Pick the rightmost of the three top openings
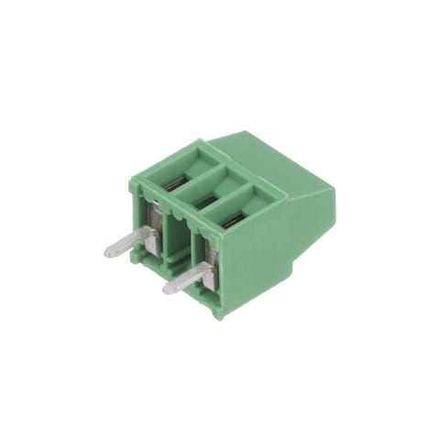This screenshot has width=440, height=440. [x=236, y=208]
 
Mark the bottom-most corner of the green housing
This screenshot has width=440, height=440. [x=218, y=317]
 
